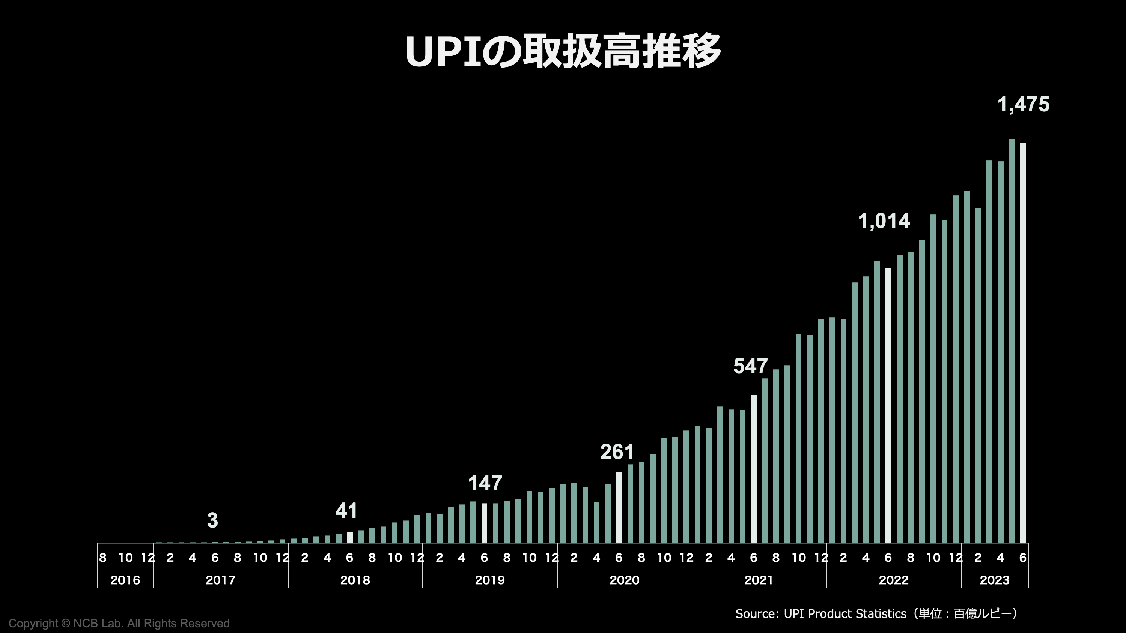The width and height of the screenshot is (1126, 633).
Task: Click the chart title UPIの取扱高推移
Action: coord(563,51)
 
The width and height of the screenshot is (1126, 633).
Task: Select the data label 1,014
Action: coord(884,221)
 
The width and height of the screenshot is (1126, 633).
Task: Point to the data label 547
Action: coord(750,366)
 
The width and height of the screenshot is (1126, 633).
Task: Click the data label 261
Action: coord(617,452)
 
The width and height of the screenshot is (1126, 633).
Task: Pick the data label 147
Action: coord(485,484)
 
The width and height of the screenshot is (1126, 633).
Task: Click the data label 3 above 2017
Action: coord(212,520)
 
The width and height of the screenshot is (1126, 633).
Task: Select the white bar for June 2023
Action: coord(1023,343)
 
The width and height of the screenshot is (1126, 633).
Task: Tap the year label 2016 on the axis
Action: coord(125,580)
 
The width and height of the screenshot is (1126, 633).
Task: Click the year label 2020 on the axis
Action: coord(624,580)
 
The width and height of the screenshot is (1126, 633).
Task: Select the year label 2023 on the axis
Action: coord(994,580)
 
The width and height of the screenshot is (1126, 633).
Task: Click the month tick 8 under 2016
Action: coord(103,558)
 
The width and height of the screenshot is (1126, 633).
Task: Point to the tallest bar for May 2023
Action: coord(1012,341)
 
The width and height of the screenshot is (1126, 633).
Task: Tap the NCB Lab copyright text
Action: coord(119,623)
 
